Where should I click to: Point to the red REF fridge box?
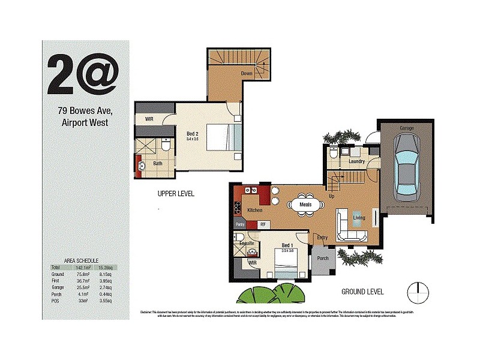tap(263, 224)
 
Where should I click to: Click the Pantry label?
tap(240, 224)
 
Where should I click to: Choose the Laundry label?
tap(357, 161)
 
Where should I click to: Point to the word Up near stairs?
tap(331, 196)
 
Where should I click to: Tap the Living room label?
tap(359, 218)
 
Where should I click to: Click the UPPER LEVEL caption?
tap(176, 194)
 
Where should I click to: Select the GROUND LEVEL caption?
tap(362, 292)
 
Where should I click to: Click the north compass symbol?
tap(418, 292)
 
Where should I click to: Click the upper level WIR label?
tap(150, 119)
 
